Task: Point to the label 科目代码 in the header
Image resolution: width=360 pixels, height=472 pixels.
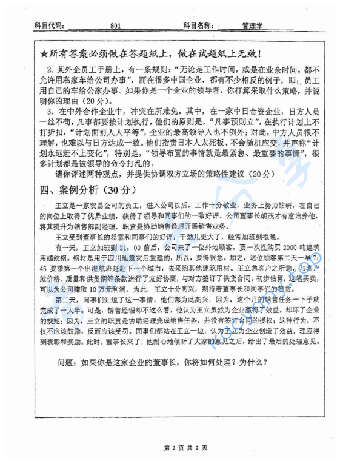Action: tap(47, 27)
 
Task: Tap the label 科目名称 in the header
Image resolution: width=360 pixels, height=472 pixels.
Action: tap(197, 27)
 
